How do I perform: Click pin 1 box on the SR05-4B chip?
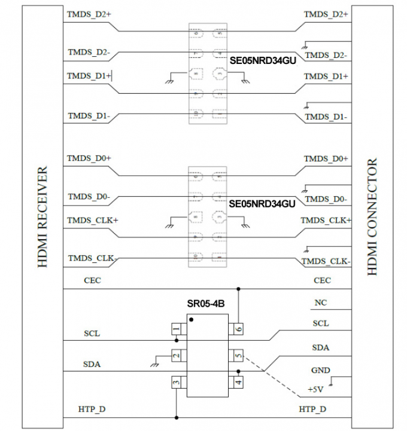(176, 329)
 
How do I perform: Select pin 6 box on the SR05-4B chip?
(239, 329)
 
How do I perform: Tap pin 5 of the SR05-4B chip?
(239, 356)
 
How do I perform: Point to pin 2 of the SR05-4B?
(176, 356)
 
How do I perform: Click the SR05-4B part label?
(206, 304)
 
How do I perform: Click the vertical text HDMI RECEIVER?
(42, 217)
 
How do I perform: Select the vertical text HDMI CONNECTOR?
(372, 217)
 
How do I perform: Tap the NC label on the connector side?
(320, 303)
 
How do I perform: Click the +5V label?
(315, 390)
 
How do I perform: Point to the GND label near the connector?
(320, 371)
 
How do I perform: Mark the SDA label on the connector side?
(320, 347)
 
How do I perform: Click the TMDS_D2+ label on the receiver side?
(89, 14)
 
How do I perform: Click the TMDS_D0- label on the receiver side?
(88, 197)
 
